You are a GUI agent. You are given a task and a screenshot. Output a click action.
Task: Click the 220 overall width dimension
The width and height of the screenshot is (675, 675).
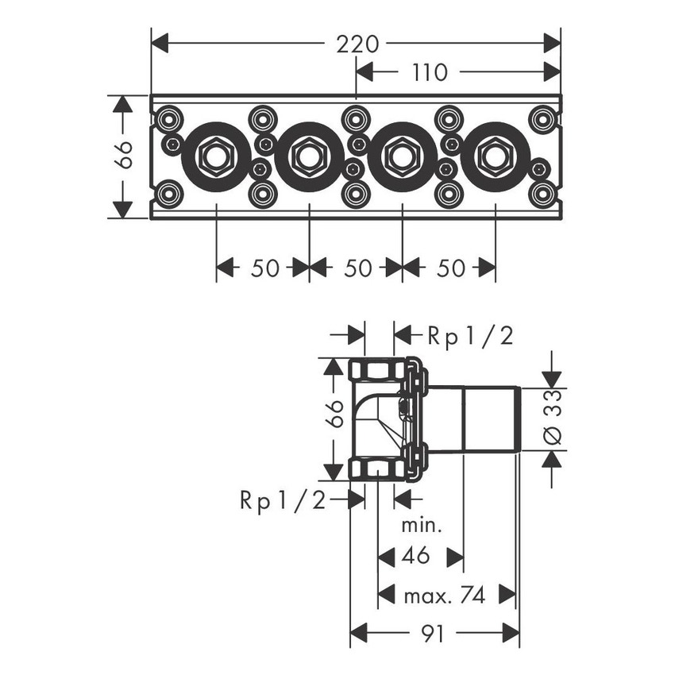(x=355, y=43)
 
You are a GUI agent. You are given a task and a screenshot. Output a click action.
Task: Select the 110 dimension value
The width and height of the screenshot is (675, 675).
(x=430, y=73)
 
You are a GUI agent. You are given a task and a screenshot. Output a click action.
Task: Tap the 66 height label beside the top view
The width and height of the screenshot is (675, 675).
(x=122, y=156)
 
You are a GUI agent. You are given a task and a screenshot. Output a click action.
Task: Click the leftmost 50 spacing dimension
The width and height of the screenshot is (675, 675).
(x=264, y=268)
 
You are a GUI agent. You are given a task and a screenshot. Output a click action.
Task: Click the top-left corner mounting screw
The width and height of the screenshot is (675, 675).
(x=168, y=120)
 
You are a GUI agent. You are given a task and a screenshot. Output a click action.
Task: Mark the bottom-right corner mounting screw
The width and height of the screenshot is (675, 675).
(x=542, y=194)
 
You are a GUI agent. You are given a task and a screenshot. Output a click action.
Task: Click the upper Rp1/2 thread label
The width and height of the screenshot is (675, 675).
(x=471, y=336)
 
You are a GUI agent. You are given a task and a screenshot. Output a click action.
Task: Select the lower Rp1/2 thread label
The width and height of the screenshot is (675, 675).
(x=283, y=499)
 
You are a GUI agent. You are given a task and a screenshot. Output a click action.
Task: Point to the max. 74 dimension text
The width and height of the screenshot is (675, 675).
(x=445, y=593)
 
